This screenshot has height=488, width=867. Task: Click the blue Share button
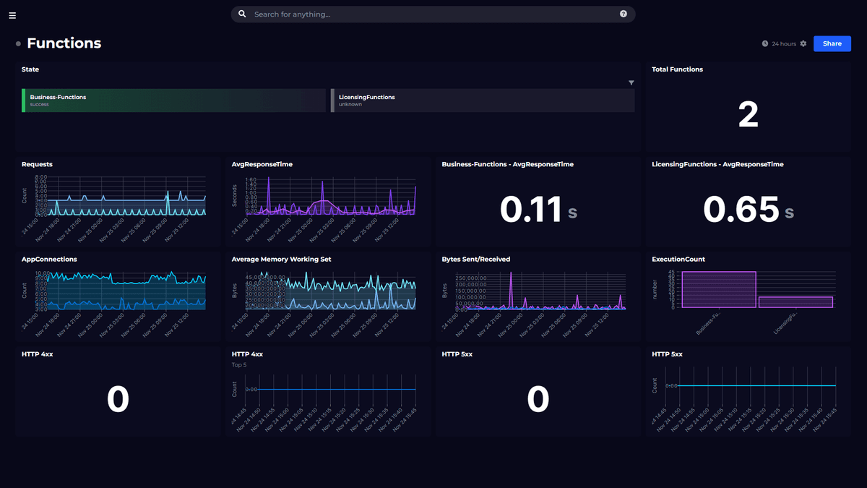pyautogui.click(x=832, y=43)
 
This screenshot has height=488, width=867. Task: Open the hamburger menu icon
pyautogui.click(x=12, y=15)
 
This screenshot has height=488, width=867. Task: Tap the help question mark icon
pyautogui.click(x=624, y=14)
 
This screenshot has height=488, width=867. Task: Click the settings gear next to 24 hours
pyautogui.click(x=803, y=44)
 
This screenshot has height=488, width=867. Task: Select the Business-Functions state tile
pyautogui.click(x=173, y=100)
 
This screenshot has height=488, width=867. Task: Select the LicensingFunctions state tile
pyautogui.click(x=483, y=100)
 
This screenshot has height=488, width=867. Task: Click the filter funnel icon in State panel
pyautogui.click(x=631, y=83)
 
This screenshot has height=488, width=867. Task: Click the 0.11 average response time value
pyautogui.click(x=531, y=210)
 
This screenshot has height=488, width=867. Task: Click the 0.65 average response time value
pyautogui.click(x=741, y=210)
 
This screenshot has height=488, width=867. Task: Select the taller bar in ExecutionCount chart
pyautogui.click(x=718, y=290)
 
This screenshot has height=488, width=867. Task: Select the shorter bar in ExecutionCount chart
pyautogui.click(x=795, y=302)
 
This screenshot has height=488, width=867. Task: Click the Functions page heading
pyautogui.click(x=64, y=43)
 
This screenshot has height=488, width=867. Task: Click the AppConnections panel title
pyautogui.click(x=49, y=259)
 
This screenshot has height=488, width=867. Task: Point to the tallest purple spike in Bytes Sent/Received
pyautogui.click(x=511, y=275)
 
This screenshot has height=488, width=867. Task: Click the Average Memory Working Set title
pyautogui.click(x=281, y=259)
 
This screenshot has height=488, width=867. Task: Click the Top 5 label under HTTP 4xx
pyautogui.click(x=239, y=365)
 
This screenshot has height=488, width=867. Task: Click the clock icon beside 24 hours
pyautogui.click(x=765, y=44)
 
